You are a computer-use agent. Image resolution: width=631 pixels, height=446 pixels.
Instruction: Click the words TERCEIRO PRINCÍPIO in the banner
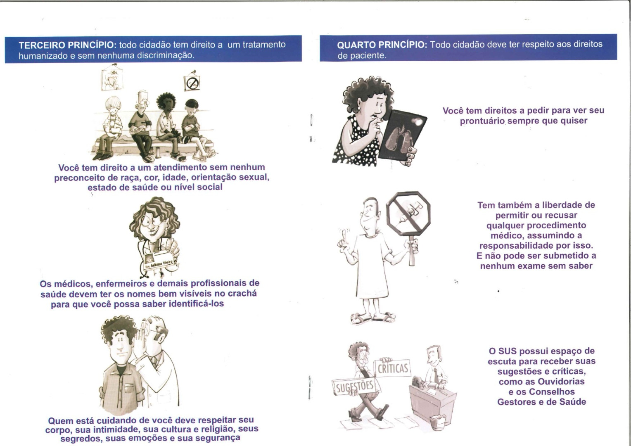pos(68,45)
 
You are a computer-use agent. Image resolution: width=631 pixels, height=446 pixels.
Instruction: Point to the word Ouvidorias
pos(561,382)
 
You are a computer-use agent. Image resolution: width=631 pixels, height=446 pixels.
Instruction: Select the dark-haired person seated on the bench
pos(166,124)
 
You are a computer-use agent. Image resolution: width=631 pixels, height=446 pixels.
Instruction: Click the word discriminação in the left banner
pos(165,55)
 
